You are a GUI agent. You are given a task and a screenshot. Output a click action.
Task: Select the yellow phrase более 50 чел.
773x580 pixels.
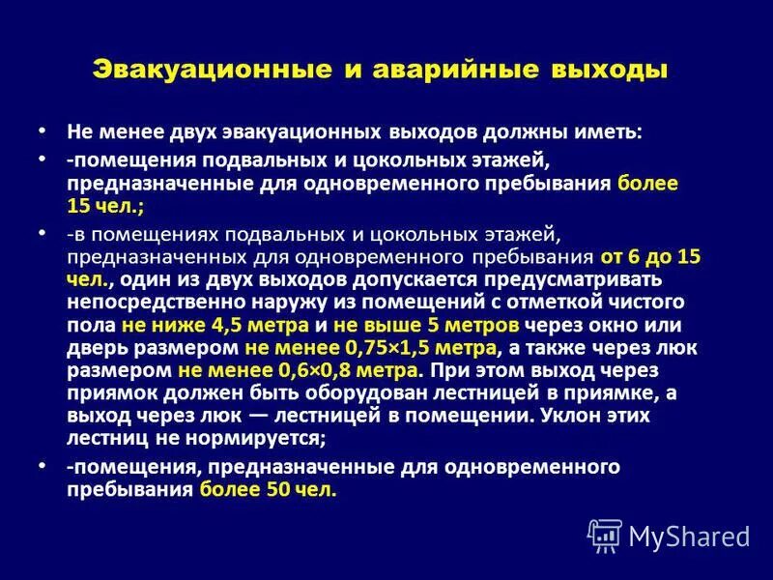tap(269, 489)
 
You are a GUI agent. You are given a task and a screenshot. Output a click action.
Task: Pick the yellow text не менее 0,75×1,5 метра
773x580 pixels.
tap(371, 347)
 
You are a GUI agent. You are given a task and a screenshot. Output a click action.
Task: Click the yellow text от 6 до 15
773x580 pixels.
tap(650, 257)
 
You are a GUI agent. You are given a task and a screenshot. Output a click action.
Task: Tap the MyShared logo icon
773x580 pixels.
tap(605, 536)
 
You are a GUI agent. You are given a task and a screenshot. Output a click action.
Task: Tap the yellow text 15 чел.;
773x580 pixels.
tap(104, 205)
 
